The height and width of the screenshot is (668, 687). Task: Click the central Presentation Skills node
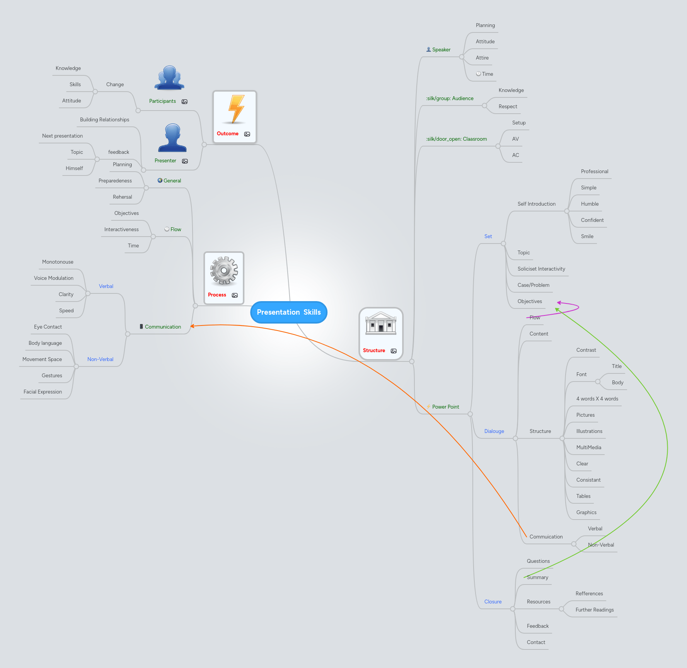(x=288, y=312)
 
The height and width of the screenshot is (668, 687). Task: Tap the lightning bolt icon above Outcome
(x=236, y=109)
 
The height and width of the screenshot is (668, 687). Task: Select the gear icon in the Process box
(x=224, y=271)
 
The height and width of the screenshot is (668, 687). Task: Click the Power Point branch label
(x=445, y=407)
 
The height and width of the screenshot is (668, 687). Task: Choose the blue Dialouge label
(x=494, y=431)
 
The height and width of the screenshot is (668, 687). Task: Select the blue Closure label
(x=493, y=602)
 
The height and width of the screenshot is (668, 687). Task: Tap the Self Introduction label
(x=536, y=204)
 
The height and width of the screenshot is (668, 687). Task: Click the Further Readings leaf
(x=594, y=610)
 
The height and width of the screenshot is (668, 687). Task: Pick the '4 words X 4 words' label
(x=597, y=399)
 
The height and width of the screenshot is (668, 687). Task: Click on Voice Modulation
(x=54, y=278)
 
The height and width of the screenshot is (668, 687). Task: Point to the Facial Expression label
(x=43, y=392)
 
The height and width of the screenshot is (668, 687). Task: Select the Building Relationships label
(x=104, y=120)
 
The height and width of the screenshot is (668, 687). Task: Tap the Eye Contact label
(x=48, y=327)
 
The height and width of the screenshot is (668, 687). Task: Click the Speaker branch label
(x=441, y=50)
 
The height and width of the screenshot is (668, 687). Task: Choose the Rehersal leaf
(x=122, y=197)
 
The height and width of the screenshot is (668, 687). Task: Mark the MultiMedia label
(x=588, y=448)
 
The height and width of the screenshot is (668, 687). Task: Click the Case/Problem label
(x=533, y=285)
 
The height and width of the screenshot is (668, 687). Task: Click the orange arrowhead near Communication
(x=192, y=326)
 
